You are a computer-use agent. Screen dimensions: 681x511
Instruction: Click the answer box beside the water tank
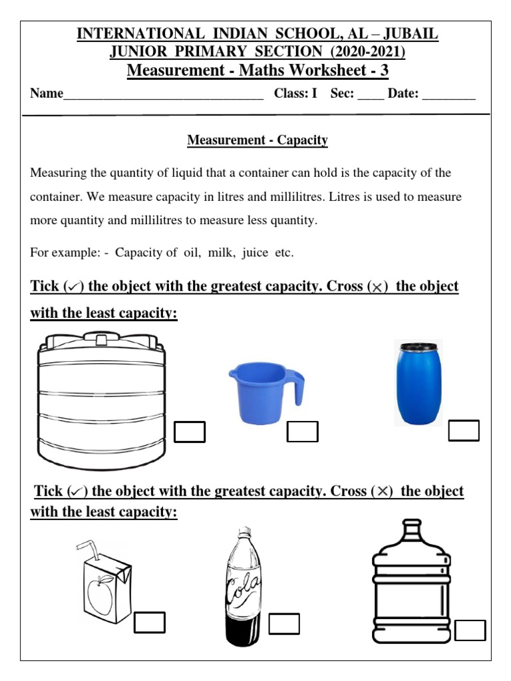(x=190, y=432)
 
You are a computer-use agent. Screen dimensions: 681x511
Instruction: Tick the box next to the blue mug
(x=302, y=432)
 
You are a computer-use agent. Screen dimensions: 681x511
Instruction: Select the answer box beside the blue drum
(x=464, y=430)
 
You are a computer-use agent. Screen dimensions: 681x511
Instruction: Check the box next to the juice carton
(x=149, y=622)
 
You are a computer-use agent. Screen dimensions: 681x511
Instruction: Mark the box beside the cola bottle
(x=284, y=624)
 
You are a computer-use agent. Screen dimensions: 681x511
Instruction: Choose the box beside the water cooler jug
(x=470, y=630)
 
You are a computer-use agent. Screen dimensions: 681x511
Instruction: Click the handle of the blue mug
(x=297, y=388)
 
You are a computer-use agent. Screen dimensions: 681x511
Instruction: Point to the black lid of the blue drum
(x=418, y=346)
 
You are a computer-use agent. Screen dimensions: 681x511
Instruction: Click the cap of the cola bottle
(x=245, y=532)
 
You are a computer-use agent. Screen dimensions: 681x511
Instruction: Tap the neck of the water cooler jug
(x=413, y=532)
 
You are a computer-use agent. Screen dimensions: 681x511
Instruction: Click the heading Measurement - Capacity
(x=257, y=140)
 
